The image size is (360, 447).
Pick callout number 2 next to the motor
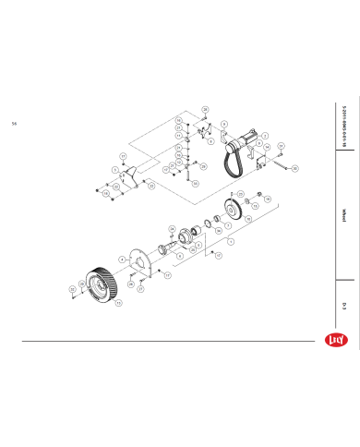click(x=265, y=135)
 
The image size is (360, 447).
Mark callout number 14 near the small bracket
click(x=267, y=146)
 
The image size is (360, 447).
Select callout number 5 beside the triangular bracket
click(x=114, y=170)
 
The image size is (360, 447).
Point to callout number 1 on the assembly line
click(x=229, y=240)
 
